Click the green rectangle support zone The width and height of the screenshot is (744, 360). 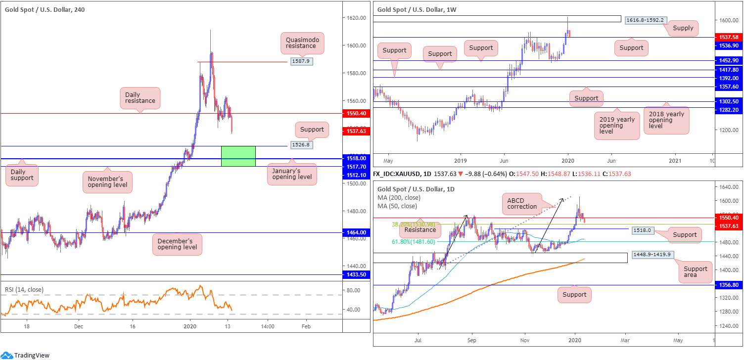click(238, 156)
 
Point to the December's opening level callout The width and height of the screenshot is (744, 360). click(177, 244)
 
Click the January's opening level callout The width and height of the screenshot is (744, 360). click(292, 174)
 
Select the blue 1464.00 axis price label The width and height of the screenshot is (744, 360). click(356, 232)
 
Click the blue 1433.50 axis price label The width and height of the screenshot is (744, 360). click(356, 274)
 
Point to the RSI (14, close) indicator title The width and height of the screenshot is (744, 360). click(24, 290)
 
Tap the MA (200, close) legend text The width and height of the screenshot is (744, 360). click(399, 198)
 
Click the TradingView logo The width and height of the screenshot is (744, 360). click(27, 355)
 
